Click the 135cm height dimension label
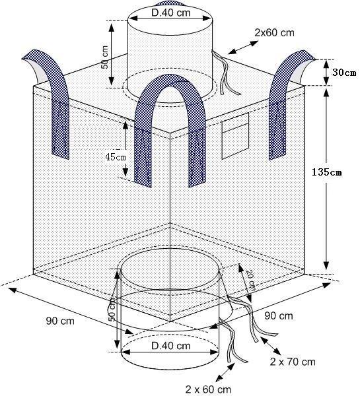coord(326,172)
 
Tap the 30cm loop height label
coord(344,73)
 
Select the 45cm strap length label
coord(116,157)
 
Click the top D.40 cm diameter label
coord(171,13)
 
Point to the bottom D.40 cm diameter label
coord(170,346)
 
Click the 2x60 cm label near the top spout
coord(274,32)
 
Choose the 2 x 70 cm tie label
coord(293,362)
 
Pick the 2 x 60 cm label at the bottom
coord(208,389)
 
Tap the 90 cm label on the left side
coord(60,321)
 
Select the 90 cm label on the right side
coord(279,315)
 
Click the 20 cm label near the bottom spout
coord(250,280)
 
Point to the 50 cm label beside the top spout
coord(104,57)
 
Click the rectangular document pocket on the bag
coord(235,136)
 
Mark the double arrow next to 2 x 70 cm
coord(271,346)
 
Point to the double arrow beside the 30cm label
coord(326,73)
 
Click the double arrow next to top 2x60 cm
coord(243,48)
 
